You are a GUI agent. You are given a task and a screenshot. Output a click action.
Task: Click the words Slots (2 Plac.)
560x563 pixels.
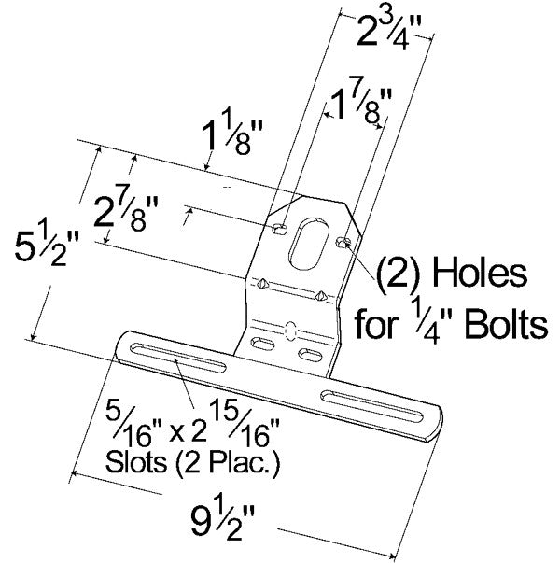[206, 460]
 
